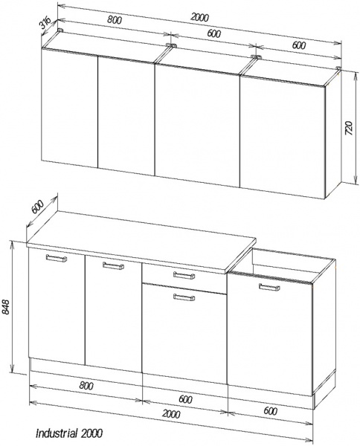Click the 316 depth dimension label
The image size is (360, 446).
tap(45, 23)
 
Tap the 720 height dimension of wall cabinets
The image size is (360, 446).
tap(349, 129)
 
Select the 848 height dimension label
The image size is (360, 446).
tap(6, 306)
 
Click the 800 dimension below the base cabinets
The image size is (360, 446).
tap(86, 386)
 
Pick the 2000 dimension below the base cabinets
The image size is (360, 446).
tap(171, 414)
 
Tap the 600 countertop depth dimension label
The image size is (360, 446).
tap(37, 207)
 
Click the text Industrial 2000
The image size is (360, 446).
tap(69, 433)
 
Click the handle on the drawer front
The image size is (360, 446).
tap(184, 275)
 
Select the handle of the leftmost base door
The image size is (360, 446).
tap(57, 258)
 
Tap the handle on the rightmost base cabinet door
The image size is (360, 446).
tap(269, 287)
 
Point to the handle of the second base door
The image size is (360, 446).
tap(114, 265)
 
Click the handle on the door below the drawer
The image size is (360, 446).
tap(184, 297)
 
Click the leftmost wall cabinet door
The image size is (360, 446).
tap(69, 109)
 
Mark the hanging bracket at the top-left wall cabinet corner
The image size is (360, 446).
tap(60, 30)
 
